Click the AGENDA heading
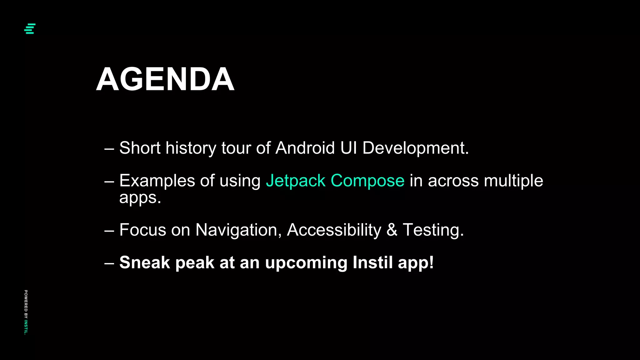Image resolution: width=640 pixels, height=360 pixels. [165, 79]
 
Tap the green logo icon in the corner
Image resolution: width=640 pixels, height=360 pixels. [30, 29]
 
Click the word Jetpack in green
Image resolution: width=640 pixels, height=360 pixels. [296, 181]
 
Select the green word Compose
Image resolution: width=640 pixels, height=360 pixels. [367, 181]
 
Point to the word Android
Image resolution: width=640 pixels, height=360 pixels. [305, 148]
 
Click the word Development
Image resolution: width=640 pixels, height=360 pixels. [415, 148]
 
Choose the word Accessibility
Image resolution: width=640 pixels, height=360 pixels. [334, 230]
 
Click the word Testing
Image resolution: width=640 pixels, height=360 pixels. [433, 230]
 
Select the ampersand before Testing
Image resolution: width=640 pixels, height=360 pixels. [392, 230]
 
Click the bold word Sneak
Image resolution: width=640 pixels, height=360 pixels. [145, 262]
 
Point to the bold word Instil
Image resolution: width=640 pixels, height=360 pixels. [372, 262]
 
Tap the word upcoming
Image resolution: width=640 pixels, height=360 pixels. [306, 263]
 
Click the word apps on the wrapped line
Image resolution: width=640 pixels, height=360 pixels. [140, 198]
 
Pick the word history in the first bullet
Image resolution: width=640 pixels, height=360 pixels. [191, 148]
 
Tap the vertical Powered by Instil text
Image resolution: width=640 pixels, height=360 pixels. [26, 312]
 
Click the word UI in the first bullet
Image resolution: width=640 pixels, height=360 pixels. [348, 148]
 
